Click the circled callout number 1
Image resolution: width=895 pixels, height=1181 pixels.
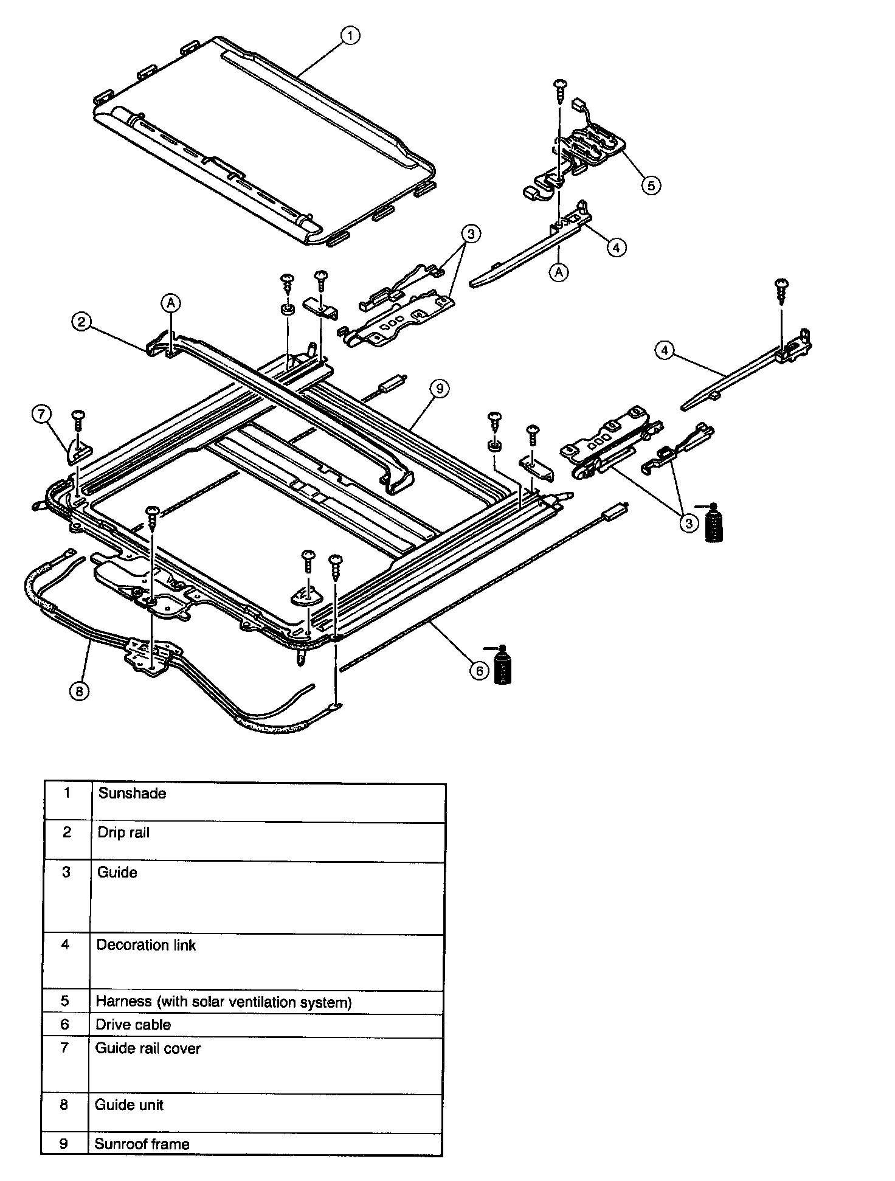[x=350, y=36]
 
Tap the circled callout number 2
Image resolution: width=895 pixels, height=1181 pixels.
[x=81, y=321]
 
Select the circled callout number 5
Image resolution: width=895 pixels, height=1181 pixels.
[x=651, y=185]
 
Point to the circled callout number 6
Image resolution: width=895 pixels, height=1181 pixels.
[x=479, y=670]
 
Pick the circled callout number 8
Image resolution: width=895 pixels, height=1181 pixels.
[x=78, y=691]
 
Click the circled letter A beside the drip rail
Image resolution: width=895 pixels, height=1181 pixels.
[x=171, y=302]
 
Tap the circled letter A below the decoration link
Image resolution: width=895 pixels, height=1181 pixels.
[x=559, y=272]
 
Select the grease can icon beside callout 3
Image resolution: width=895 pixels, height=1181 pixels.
[x=713, y=522]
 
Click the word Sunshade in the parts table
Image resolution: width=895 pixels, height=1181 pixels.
[x=132, y=793]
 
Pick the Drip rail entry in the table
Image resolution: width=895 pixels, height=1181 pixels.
[x=123, y=833]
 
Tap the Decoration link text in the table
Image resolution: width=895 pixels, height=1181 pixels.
[x=146, y=945]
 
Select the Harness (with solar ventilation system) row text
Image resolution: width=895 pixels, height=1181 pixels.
[x=224, y=1002]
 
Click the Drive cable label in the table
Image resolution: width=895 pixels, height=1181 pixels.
[x=133, y=1025]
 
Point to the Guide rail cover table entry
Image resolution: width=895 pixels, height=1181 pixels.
[x=148, y=1048]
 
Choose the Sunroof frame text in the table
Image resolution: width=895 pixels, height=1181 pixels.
[x=142, y=1144]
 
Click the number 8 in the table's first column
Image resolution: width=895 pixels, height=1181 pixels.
[x=64, y=1105]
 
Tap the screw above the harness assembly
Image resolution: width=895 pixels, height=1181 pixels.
[x=560, y=89]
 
